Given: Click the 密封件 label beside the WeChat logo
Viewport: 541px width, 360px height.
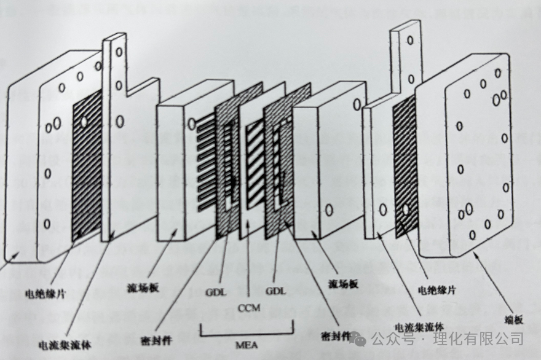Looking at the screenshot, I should (x=336, y=337).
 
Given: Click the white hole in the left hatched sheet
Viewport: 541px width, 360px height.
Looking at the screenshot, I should (x=84, y=122).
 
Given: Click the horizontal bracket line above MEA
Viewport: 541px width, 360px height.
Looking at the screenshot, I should (x=247, y=335).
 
